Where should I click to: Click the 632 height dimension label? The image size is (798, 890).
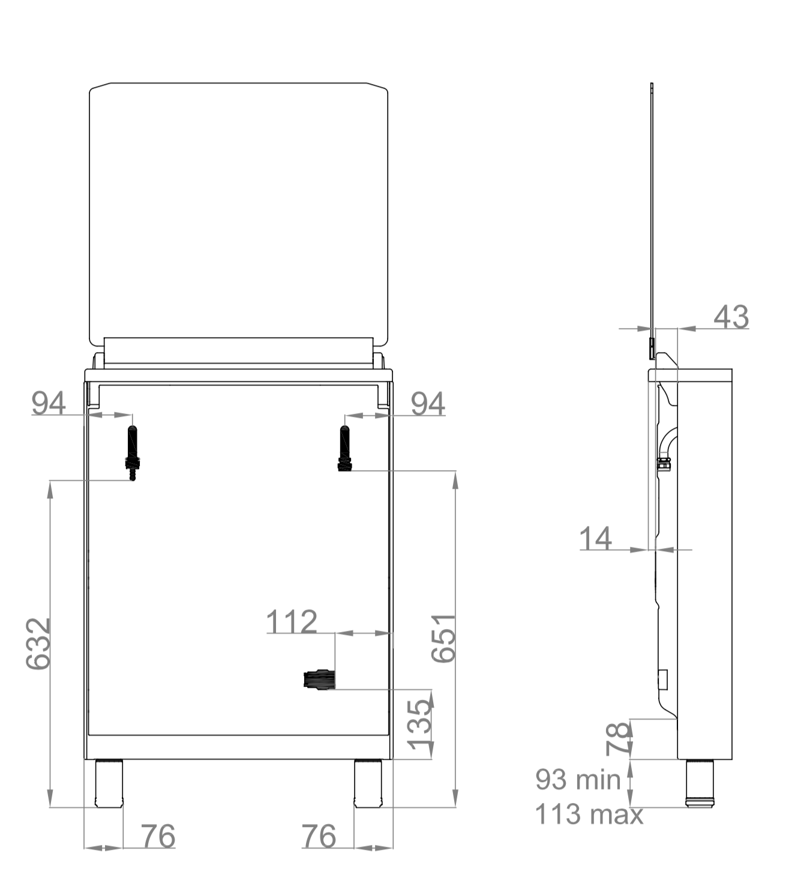tap(38, 644)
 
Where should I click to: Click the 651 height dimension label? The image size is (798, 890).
tap(443, 638)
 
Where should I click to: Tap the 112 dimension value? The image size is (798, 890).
tap(292, 621)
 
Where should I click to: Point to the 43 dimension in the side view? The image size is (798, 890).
tap(731, 316)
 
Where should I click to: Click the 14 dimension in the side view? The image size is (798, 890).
tap(595, 538)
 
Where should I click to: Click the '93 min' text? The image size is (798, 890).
tap(578, 780)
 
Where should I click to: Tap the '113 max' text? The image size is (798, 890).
tap(589, 814)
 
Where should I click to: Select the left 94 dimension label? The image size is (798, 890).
tap(49, 403)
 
